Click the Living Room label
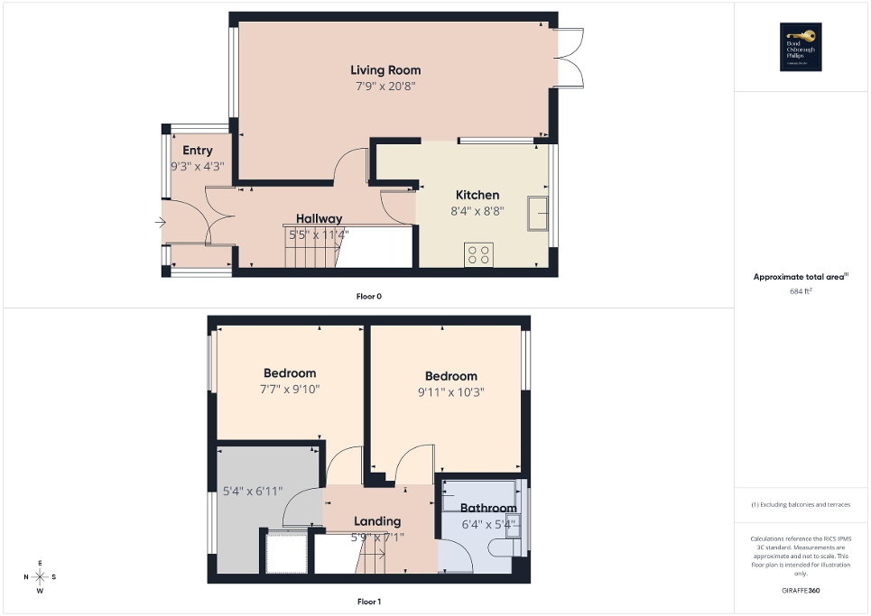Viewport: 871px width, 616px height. (x=385, y=70)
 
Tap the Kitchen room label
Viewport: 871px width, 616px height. (x=477, y=195)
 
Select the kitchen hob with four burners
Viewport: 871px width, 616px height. (x=477, y=255)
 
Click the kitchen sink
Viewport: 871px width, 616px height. (x=540, y=212)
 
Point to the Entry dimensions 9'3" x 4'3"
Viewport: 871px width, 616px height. (x=197, y=167)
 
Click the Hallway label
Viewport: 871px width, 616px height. (x=319, y=218)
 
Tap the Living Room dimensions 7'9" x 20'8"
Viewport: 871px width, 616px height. (x=385, y=87)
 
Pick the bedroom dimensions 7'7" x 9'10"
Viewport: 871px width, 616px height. (x=289, y=390)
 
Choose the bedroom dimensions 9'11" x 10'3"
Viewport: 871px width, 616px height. (x=450, y=392)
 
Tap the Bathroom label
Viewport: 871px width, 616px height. (x=487, y=509)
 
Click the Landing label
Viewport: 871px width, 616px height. (x=377, y=521)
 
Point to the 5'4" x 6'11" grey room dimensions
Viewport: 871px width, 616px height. (x=253, y=492)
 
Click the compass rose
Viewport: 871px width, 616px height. (x=41, y=577)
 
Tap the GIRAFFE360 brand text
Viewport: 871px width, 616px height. (x=802, y=591)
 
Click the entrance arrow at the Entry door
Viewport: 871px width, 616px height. (x=161, y=222)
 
